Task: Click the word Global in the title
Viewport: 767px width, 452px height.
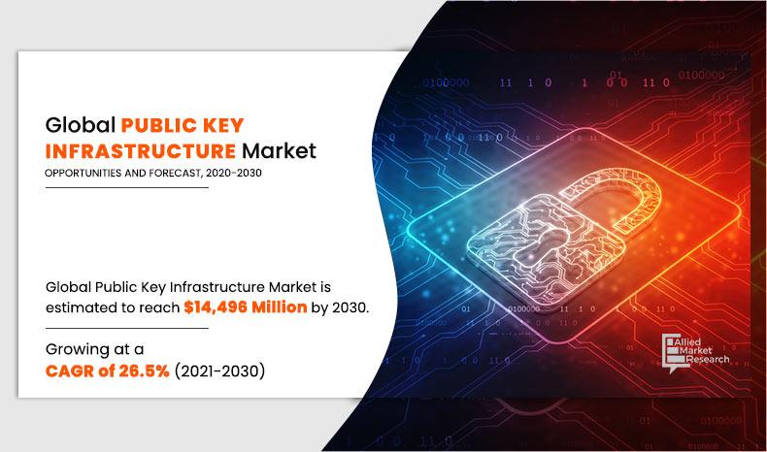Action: [79, 125]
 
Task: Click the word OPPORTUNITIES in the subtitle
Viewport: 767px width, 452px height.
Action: [84, 175]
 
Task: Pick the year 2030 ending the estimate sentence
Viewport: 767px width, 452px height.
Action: [349, 307]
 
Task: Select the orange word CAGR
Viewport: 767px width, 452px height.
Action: [69, 371]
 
